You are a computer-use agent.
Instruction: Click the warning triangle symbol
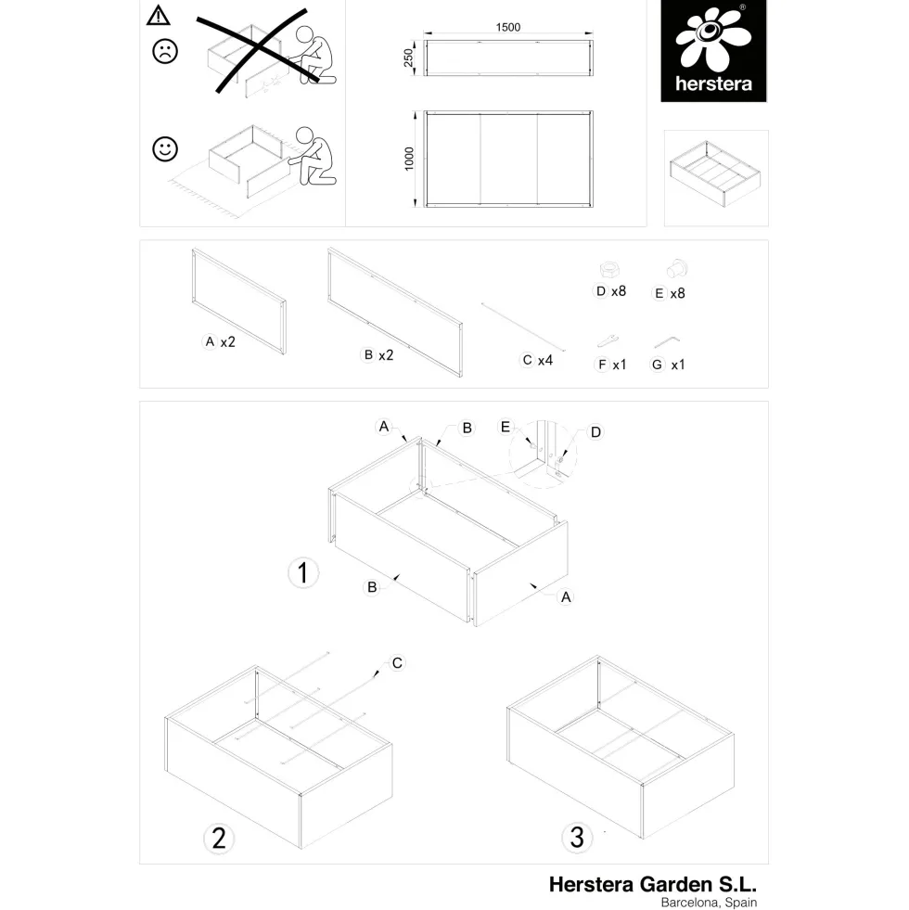(x=158, y=16)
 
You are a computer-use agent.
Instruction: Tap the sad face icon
(x=165, y=51)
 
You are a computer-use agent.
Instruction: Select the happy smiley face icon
(x=165, y=149)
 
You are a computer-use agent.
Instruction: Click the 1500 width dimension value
(x=508, y=27)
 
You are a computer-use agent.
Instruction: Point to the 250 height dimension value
(x=409, y=58)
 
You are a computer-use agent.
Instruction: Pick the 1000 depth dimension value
(x=409, y=159)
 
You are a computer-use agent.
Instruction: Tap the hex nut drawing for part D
(x=608, y=270)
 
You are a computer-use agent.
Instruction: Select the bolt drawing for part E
(x=677, y=269)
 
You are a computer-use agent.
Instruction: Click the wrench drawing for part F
(x=608, y=340)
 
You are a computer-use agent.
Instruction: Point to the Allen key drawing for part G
(x=668, y=341)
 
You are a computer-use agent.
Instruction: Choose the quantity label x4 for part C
(x=545, y=361)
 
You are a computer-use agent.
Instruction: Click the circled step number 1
(x=303, y=573)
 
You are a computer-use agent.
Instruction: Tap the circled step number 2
(x=219, y=839)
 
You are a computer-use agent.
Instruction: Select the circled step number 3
(x=577, y=838)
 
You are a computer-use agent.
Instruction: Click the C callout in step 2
(x=397, y=662)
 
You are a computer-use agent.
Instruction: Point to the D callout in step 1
(x=595, y=431)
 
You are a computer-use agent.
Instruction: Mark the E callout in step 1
(x=505, y=427)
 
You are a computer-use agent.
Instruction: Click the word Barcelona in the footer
(x=690, y=903)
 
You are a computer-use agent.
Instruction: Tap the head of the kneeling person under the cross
(x=304, y=35)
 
